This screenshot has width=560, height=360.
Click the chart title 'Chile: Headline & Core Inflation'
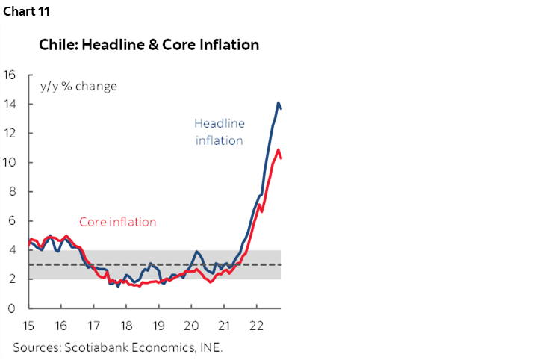point(149,45)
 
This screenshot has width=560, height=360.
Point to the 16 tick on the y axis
point(10,75)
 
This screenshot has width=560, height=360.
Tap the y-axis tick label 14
point(10,104)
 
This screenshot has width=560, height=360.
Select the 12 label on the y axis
point(10,133)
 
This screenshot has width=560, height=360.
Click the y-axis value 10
point(10,162)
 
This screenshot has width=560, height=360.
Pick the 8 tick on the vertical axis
point(11,191)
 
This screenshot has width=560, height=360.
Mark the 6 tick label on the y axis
point(11,220)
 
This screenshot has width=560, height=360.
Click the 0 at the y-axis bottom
point(11,308)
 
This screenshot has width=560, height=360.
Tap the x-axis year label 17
point(94,326)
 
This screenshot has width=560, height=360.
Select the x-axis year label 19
point(158,326)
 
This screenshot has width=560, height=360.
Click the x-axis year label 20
point(191,326)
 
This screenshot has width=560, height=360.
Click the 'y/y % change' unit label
point(79,86)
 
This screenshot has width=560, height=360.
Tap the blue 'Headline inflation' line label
point(220,131)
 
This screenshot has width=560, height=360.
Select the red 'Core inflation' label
point(118,222)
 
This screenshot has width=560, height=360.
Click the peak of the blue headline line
point(279,102)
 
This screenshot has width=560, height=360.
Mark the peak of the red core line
point(279,149)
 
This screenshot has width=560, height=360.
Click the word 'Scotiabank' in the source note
point(92,347)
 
